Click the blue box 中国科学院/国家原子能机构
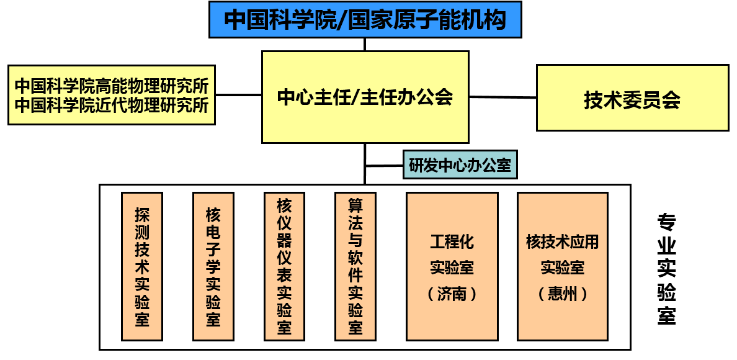point(365,19)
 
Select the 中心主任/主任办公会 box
point(365,97)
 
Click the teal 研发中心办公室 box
point(460,165)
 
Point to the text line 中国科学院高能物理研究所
point(112,85)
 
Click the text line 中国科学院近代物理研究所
point(112,105)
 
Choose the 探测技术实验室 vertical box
point(142,267)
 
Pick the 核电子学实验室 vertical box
point(213,267)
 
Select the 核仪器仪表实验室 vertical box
point(284,267)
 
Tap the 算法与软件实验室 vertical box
point(355,267)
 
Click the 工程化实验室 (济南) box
point(452,267)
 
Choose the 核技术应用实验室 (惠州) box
point(563,267)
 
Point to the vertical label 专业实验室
point(666,270)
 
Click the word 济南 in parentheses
point(452,294)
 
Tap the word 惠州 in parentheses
point(563,294)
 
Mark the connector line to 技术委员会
point(502,97)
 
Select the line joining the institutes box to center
point(238,95)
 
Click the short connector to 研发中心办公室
point(384,166)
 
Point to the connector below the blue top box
point(365,44)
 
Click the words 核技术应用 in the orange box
point(563,241)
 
